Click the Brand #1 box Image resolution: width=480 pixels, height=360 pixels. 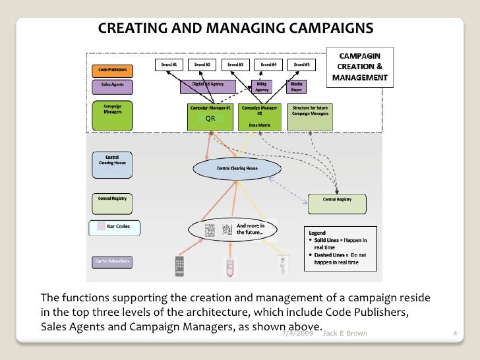(x=168, y=65)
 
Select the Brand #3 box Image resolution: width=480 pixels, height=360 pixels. (x=235, y=65)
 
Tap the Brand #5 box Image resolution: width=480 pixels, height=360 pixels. (x=301, y=65)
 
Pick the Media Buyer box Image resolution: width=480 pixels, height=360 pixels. (x=297, y=86)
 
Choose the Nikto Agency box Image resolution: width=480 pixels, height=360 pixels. (x=262, y=86)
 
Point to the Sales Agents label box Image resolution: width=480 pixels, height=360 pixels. (x=111, y=86)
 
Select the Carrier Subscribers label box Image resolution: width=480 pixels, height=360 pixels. (x=111, y=262)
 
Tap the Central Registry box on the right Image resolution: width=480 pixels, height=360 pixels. (x=336, y=204)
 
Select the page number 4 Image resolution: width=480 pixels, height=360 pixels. (x=455, y=334)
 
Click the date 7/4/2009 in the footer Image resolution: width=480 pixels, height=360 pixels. (x=295, y=334)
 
